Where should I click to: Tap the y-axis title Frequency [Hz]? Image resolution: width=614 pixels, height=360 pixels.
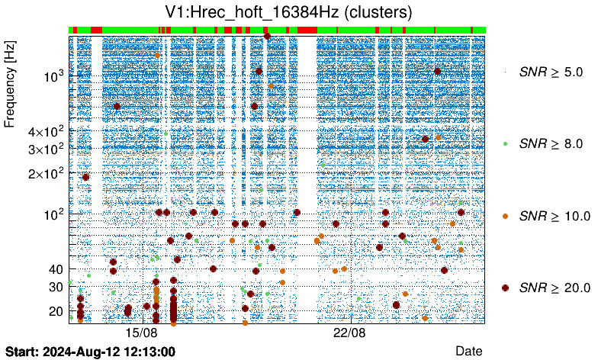coord(10,84)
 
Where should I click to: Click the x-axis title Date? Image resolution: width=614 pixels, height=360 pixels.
coord(468,350)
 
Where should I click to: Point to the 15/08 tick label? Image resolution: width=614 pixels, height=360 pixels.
coord(141,333)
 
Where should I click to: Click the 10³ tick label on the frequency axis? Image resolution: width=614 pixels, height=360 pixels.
coord(54,76)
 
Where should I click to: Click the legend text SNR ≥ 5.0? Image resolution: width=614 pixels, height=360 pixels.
coord(550,72)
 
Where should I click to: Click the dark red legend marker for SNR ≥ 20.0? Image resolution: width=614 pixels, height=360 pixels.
coord(505,288)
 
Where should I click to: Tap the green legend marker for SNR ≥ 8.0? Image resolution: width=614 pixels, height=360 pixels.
coord(505,143)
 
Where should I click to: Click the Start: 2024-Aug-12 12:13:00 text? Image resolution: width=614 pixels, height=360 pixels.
coord(90,352)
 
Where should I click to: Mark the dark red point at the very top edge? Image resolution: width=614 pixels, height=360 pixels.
coord(267,36)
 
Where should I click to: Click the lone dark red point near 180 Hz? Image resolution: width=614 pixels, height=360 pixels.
coord(85,177)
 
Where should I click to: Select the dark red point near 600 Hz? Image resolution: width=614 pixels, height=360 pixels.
coord(117,106)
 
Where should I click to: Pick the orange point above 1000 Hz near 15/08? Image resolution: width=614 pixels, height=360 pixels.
coord(158,55)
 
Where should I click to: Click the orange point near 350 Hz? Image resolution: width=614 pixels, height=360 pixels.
coord(438,137)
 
